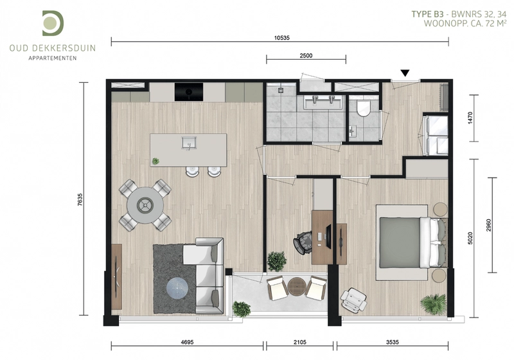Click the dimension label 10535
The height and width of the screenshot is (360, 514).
(282, 38)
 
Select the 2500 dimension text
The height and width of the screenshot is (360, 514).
(306, 56)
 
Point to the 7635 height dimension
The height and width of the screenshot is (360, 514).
(80, 200)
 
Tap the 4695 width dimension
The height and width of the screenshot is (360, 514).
(187, 342)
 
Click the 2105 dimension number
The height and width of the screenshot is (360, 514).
(300, 342)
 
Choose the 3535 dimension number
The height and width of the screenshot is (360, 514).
(393, 342)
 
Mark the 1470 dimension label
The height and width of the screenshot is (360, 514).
(470, 118)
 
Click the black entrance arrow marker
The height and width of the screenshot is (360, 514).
(405, 73)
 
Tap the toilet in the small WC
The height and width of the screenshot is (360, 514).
(363, 109)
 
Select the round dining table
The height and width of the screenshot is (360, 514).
(145, 205)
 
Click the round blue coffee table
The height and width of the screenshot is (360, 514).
(177, 289)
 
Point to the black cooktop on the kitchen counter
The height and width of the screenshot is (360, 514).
(189, 92)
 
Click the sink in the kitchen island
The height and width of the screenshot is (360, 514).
(189, 143)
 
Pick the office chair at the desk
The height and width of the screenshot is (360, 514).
(303, 242)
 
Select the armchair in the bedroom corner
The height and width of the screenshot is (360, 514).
(353, 300)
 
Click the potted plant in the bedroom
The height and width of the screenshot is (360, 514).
(434, 305)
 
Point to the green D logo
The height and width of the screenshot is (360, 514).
(53, 23)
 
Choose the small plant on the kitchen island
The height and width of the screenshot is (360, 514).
(155, 161)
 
